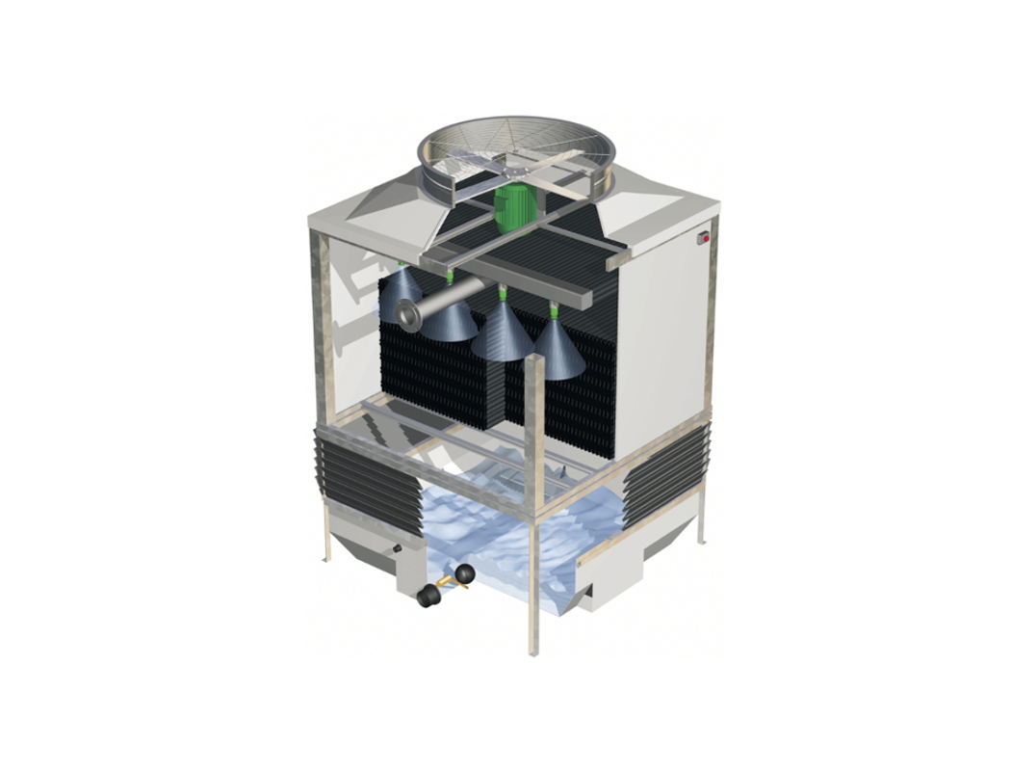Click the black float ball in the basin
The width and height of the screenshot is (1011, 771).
(x=465, y=574)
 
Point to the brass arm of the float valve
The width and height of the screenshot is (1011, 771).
(x=446, y=582)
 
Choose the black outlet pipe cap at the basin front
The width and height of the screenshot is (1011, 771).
(x=427, y=598)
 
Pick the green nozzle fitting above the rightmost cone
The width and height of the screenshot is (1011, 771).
(x=555, y=309)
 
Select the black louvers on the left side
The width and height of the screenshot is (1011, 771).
(x=372, y=480)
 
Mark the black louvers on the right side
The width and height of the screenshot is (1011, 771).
(x=669, y=467)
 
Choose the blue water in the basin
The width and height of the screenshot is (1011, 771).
(x=510, y=540)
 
